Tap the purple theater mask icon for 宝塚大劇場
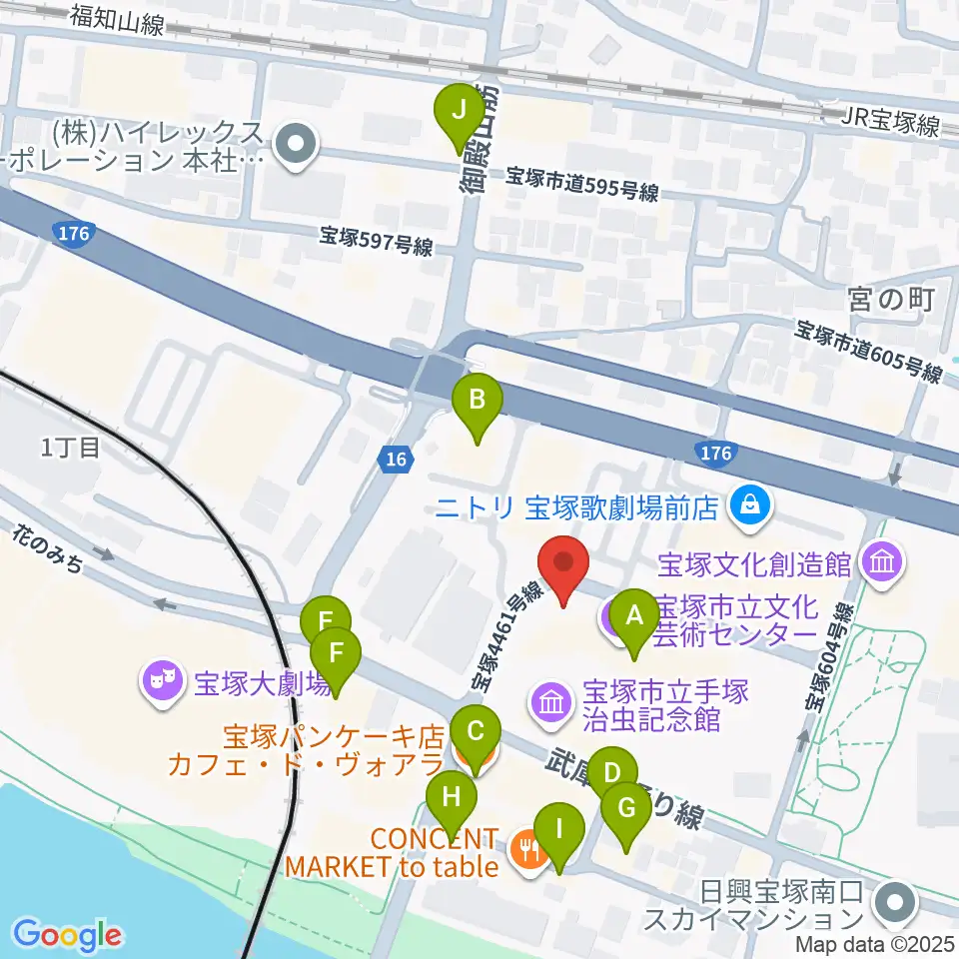click(161, 683)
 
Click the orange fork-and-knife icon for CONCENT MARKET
click(525, 851)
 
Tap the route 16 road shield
click(396, 459)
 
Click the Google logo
click(67, 934)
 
